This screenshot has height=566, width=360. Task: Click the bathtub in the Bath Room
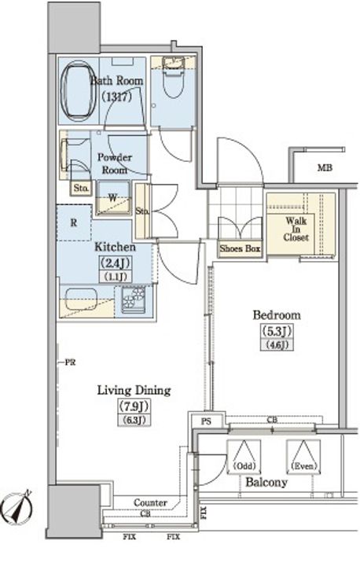(79, 93)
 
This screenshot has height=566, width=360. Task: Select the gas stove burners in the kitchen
(133, 300)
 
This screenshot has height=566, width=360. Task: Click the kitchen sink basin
(81, 300)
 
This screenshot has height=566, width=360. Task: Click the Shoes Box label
(240, 248)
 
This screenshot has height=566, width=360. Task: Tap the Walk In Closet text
(296, 229)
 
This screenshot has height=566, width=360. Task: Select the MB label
(325, 167)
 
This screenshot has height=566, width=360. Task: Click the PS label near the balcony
(206, 421)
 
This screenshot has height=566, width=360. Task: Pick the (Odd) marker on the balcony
(244, 465)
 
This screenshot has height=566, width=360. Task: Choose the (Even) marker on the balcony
(303, 465)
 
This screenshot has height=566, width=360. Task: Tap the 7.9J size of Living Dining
(134, 406)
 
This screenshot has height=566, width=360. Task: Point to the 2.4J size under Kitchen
(116, 263)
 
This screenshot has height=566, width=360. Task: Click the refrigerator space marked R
(74, 222)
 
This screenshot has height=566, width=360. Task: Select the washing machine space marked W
(113, 197)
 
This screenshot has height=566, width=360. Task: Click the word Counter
(150, 502)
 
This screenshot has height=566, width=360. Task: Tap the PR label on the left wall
(70, 362)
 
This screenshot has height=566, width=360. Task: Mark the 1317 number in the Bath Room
(116, 97)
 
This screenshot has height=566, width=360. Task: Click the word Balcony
(266, 482)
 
